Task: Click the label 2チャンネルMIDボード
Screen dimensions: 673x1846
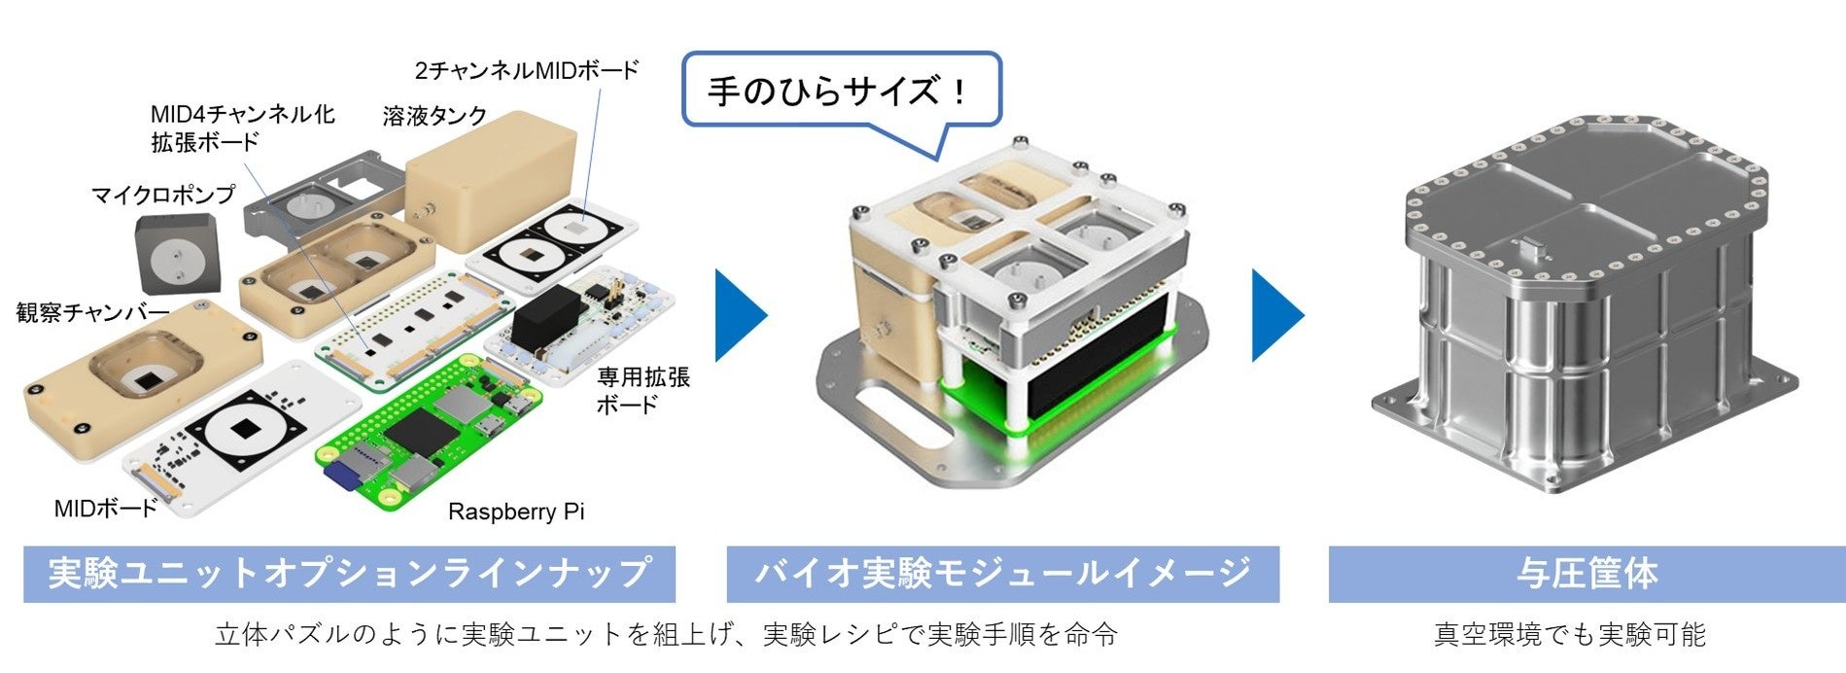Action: (526, 71)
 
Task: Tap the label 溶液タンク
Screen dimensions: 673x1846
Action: (435, 117)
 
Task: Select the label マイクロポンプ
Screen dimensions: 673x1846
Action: (163, 195)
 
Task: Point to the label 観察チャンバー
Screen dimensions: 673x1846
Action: (92, 312)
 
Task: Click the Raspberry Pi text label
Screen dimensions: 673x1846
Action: (516, 512)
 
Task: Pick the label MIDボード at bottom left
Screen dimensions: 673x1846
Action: (105, 508)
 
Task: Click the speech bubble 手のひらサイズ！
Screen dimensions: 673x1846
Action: (841, 91)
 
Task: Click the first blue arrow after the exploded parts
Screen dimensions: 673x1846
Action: (741, 315)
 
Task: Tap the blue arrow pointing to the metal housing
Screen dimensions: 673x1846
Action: (1276, 315)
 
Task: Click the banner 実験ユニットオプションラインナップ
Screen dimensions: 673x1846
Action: (349, 573)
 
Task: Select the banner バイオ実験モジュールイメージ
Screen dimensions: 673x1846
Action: (1002, 573)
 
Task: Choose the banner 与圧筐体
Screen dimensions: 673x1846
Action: (1586, 573)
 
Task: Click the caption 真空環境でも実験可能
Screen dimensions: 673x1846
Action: (1569, 635)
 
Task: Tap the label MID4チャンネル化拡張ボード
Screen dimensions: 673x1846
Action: (242, 127)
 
